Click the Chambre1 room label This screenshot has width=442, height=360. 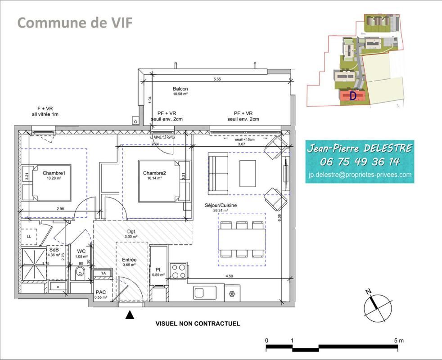click(54, 173)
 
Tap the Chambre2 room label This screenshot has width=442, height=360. click(154, 173)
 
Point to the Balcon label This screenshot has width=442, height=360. click(180, 89)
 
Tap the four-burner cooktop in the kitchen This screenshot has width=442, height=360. click(179, 270)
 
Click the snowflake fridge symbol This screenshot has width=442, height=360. click(232, 294)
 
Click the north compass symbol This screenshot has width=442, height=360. click(376, 306)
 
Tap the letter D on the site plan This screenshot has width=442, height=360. click(353, 95)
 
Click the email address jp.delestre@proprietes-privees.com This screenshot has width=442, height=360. click(360, 175)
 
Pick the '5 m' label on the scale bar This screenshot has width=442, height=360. click(398, 340)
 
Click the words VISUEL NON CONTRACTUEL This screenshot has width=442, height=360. click(198, 324)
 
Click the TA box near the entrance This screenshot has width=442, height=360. click(103, 273)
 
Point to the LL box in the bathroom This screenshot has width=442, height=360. click(29, 236)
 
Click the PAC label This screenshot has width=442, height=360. click(100, 292)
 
